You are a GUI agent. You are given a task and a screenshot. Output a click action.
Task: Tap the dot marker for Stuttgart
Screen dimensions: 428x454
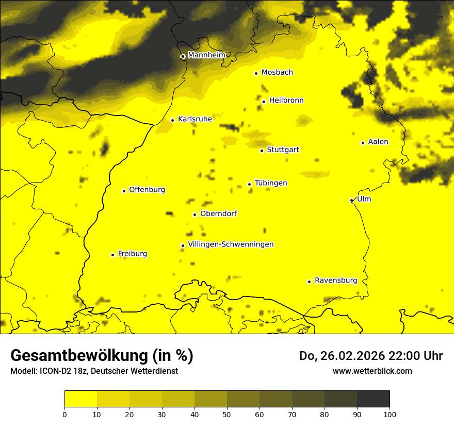click(262, 151)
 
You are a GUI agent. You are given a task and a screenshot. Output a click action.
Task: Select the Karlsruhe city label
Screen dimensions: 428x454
click(194, 119)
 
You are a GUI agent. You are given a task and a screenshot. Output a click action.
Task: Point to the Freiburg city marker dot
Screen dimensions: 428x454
click(112, 255)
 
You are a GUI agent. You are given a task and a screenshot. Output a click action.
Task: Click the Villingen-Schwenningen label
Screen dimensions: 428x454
click(231, 244)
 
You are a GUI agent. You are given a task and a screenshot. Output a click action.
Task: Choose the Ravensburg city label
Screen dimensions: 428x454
click(335, 281)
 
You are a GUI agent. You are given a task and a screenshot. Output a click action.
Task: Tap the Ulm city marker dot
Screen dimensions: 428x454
click(351, 200)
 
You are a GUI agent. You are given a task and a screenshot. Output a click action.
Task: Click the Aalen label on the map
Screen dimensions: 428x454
click(378, 142)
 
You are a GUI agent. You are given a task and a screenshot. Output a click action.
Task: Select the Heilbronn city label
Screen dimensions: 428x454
click(286, 101)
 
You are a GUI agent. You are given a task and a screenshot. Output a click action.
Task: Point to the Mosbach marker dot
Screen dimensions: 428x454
click(256, 73)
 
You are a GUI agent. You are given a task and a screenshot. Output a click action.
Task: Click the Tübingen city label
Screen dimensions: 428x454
click(271, 183)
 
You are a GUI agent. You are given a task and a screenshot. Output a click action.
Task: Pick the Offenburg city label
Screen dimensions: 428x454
click(147, 190)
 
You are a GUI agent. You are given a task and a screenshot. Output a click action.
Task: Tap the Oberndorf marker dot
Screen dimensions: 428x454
click(194, 215)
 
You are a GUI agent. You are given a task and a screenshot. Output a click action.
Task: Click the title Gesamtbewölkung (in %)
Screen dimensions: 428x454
click(102, 356)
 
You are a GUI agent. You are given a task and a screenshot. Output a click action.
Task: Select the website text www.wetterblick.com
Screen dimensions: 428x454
click(372, 371)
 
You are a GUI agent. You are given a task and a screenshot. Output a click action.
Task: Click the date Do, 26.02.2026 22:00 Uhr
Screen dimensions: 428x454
click(371, 356)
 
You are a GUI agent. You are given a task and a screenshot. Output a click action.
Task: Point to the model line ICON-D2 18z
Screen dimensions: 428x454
click(94, 371)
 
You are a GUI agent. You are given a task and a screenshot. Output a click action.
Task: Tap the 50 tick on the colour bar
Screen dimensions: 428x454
click(227, 414)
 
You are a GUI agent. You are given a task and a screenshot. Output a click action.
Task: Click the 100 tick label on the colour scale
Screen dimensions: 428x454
click(389, 414)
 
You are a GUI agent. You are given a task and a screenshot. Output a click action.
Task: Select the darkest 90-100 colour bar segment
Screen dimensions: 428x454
click(373, 399)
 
